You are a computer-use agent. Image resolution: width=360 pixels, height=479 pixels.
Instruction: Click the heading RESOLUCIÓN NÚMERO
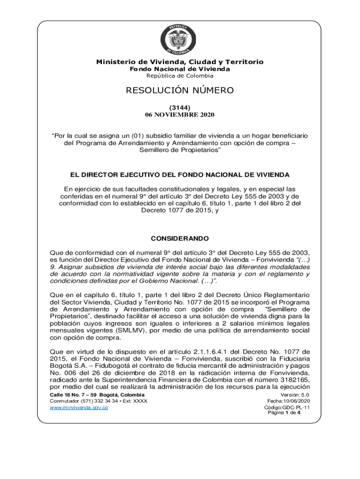click(180, 90)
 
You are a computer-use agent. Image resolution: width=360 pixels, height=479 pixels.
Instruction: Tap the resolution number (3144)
click(180, 107)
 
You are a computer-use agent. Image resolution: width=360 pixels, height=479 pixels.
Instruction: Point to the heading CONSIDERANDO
click(180, 238)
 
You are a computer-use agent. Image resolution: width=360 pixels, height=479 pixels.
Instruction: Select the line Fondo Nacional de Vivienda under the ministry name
click(180, 69)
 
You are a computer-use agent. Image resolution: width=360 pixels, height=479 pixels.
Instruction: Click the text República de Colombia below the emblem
click(180, 76)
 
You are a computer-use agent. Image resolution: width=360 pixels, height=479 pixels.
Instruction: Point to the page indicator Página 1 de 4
click(284, 413)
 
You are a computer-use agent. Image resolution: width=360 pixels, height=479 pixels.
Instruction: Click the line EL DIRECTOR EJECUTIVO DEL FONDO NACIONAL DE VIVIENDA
click(180, 175)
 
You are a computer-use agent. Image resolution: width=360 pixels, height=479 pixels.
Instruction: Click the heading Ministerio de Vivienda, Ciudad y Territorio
click(180, 62)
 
